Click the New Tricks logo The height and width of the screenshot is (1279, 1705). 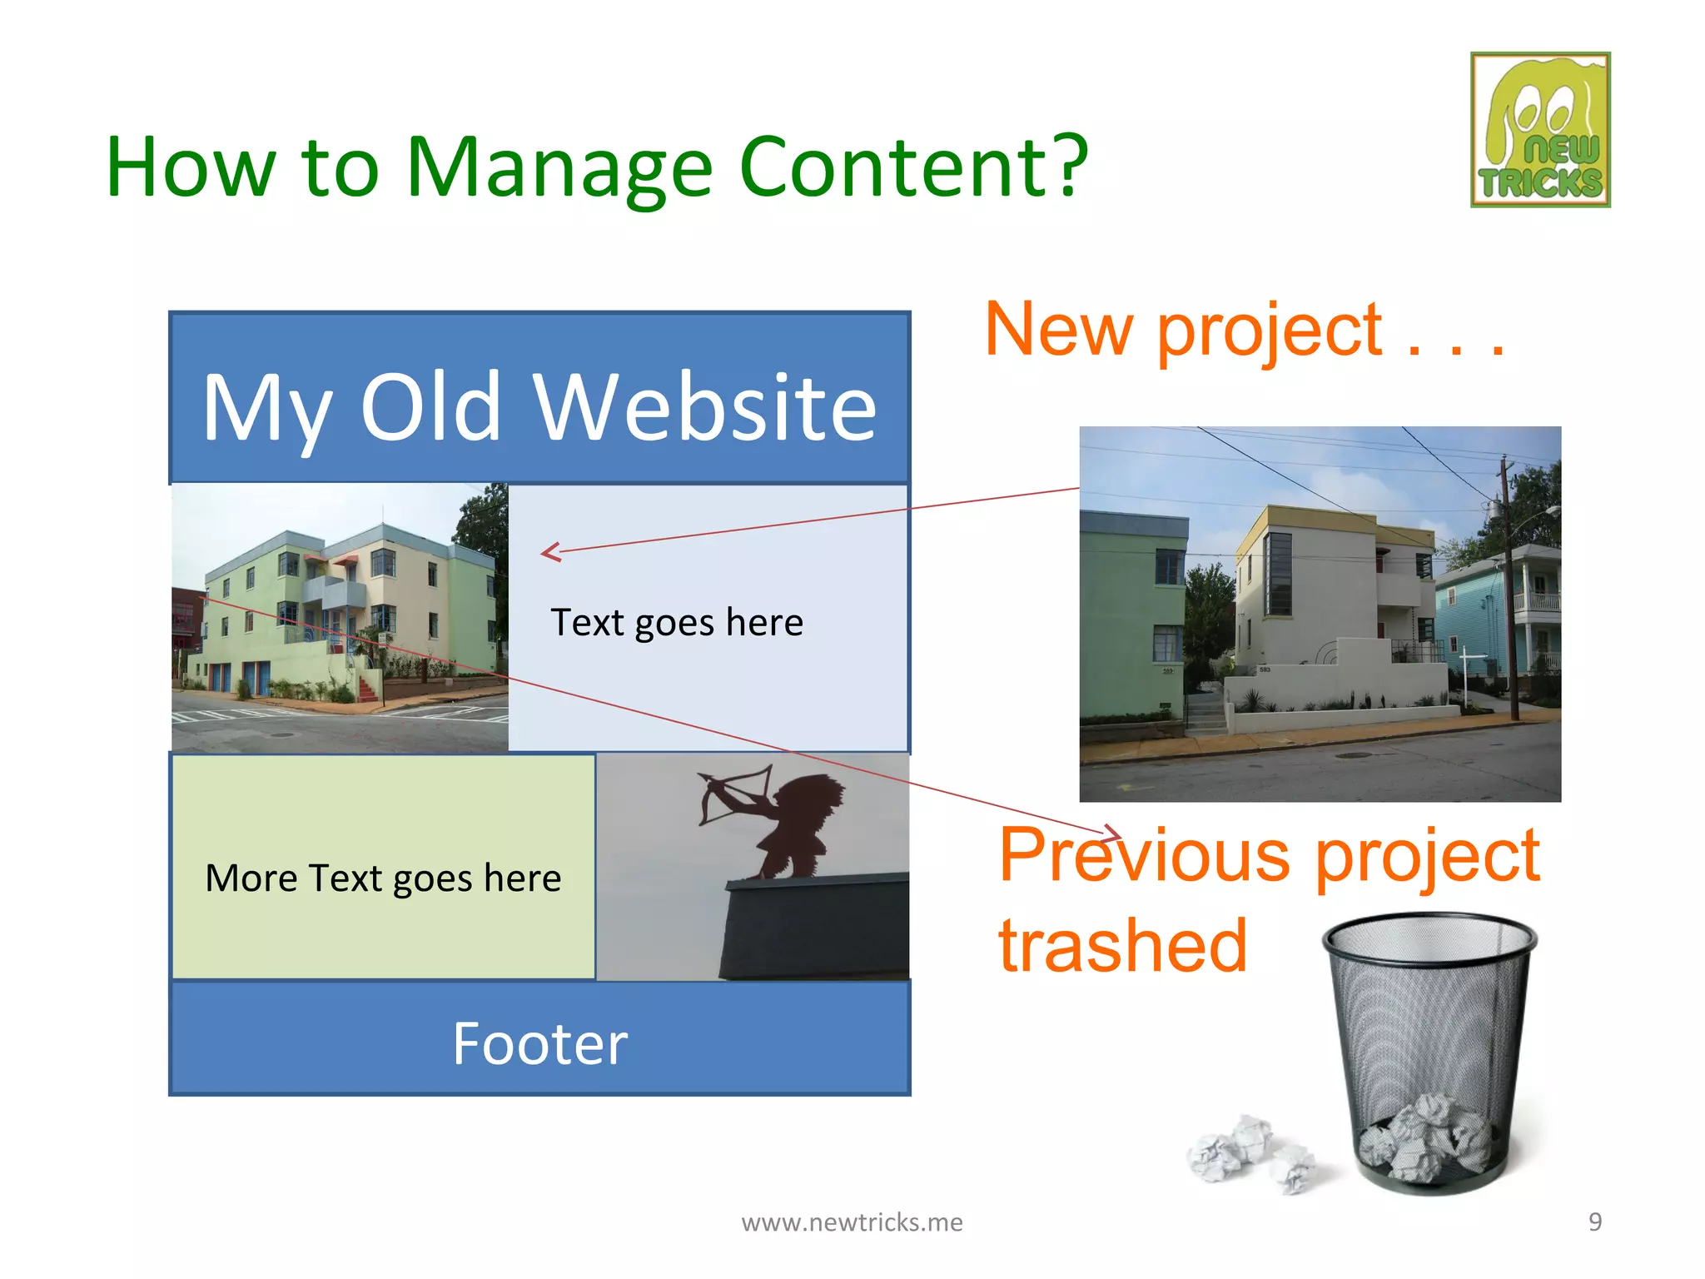1540,130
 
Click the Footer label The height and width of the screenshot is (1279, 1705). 539,1044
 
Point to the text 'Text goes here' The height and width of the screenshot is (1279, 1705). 677,623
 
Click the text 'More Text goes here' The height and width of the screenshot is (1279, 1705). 383,878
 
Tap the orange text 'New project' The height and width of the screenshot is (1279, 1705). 1182,330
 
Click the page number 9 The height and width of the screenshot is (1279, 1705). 1594,1222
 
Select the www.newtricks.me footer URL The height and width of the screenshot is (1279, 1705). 852,1222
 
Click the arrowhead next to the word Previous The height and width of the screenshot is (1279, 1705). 1112,832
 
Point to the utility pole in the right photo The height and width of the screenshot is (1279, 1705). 1509,591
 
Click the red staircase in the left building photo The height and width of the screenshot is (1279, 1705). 368,688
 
